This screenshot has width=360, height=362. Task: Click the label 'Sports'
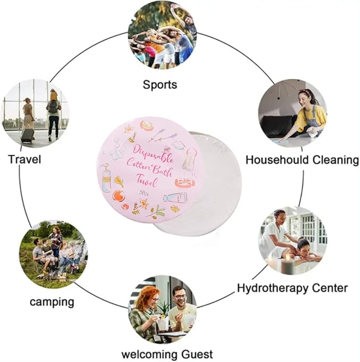tap(160, 84)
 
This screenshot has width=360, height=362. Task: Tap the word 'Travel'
tap(24, 159)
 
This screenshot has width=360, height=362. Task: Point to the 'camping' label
tap(51, 302)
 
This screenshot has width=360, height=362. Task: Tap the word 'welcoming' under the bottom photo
tap(147, 354)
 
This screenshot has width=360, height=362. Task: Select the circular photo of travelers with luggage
tap(36, 112)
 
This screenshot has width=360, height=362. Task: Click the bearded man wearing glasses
tap(180, 304)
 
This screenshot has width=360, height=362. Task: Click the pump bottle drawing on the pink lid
tap(106, 178)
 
